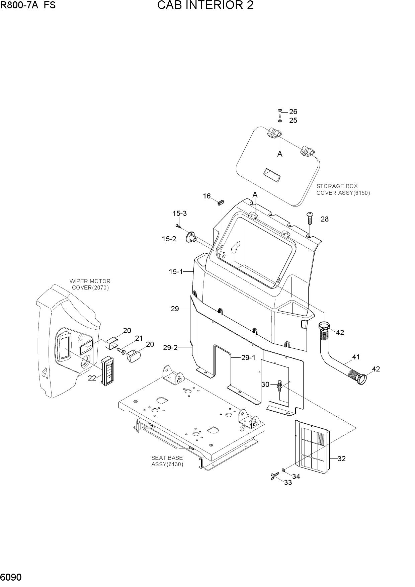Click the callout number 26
tap(293, 112)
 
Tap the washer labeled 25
tap(280, 120)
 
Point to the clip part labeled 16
tap(221, 201)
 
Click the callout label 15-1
tap(176, 272)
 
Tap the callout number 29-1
tap(248, 358)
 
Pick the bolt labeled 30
tap(280, 386)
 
